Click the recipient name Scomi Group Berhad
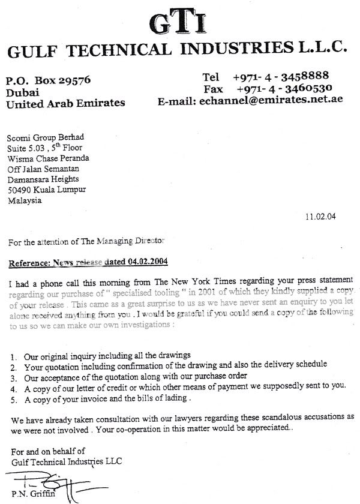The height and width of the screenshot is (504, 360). [x=38, y=137]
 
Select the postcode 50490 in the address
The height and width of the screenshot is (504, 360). [x=20, y=190]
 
